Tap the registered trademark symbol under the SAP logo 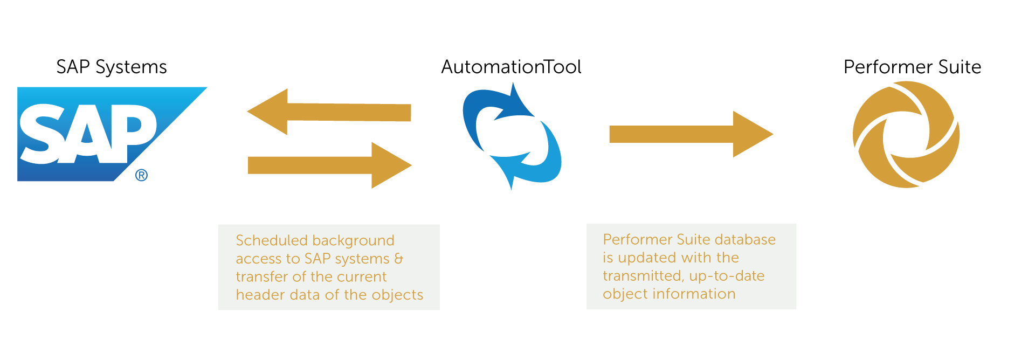[x=141, y=175]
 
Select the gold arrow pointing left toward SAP [x=329, y=112]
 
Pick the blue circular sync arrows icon [x=512, y=136]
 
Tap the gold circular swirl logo [x=906, y=134]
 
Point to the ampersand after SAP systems [x=398, y=259]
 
